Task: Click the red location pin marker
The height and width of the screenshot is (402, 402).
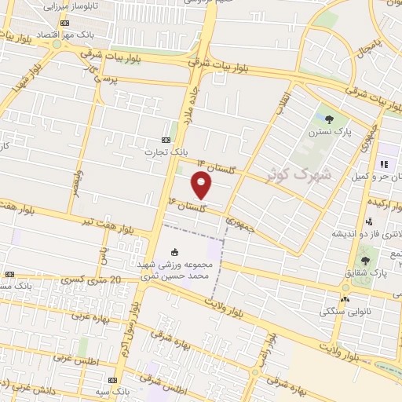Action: pos(202,185)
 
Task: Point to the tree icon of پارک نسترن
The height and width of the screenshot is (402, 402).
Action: pos(329,120)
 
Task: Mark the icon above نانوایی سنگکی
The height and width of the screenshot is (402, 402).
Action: pos(344,299)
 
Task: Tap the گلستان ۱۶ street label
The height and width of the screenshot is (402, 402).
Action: pos(186,206)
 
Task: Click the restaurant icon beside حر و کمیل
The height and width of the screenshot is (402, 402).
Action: pos(385,164)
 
